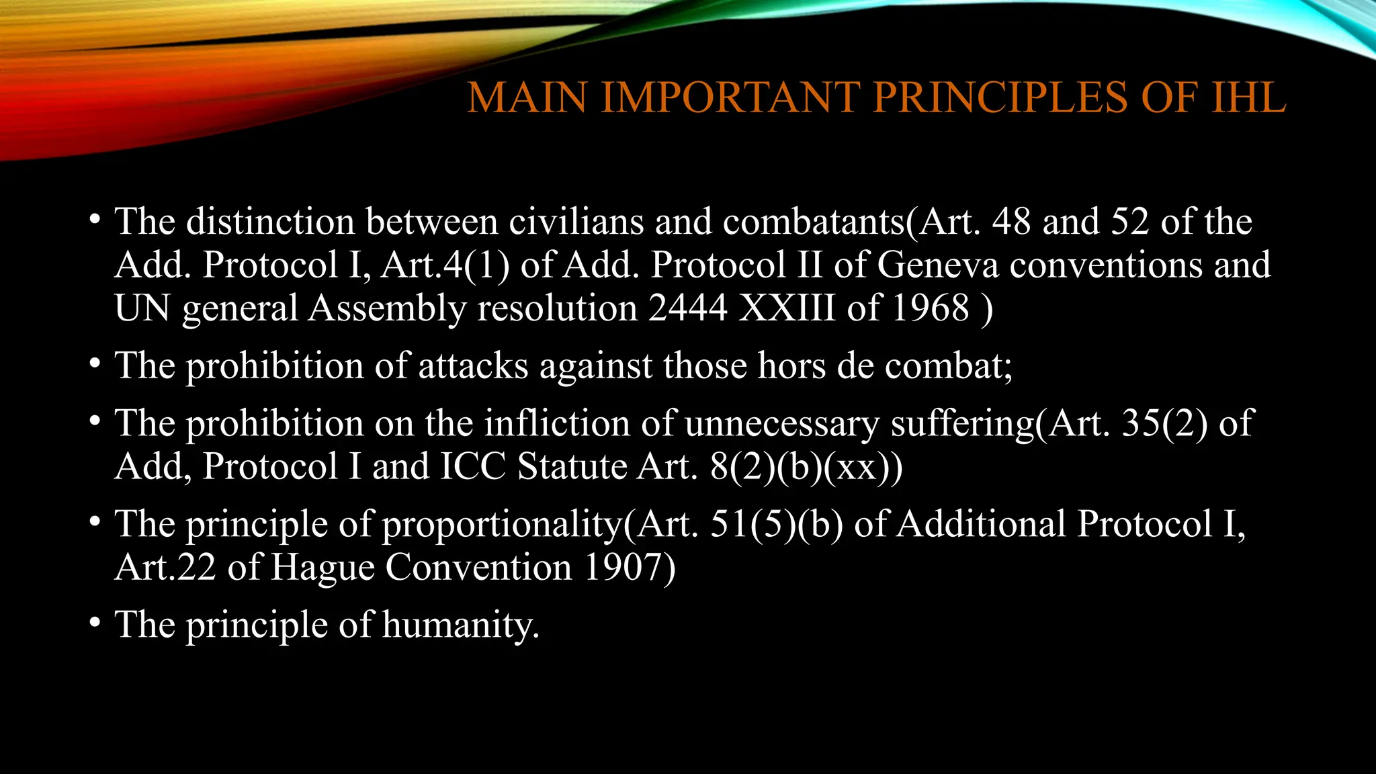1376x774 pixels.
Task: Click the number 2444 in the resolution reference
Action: (x=688, y=308)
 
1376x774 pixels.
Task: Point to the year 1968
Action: (x=931, y=308)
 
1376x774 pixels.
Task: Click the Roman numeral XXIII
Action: (x=787, y=308)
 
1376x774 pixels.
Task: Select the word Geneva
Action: (x=938, y=265)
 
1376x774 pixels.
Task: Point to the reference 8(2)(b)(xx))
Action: (x=806, y=467)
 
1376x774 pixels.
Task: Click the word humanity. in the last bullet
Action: (x=461, y=625)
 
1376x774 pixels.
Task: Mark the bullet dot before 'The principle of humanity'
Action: (x=95, y=623)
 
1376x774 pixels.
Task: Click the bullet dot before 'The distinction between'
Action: (x=95, y=220)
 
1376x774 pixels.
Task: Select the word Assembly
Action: (x=387, y=308)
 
